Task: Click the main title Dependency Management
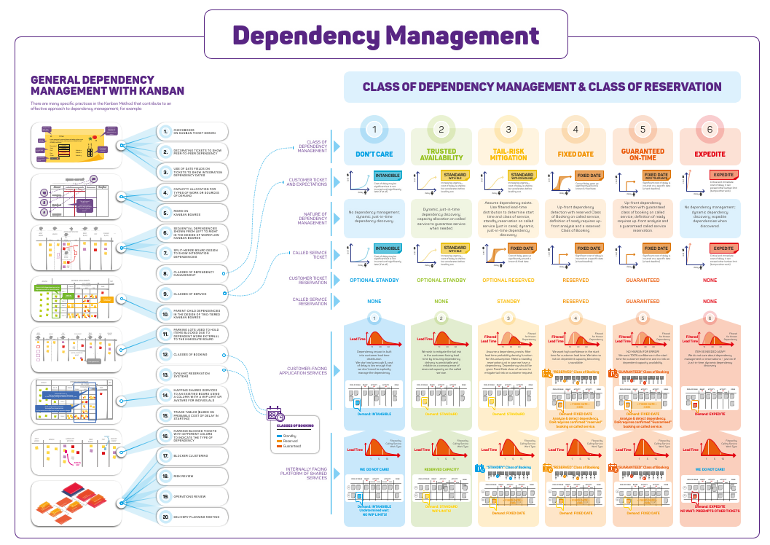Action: coord(385,35)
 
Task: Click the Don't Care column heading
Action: coord(374,154)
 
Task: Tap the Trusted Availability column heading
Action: coord(441,154)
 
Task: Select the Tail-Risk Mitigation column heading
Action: coord(508,154)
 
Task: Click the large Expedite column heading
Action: coord(710,154)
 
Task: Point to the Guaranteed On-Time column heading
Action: coord(643,154)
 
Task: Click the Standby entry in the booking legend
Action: coord(289,434)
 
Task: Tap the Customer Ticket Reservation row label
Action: coord(309,280)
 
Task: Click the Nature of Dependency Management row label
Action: coord(313,218)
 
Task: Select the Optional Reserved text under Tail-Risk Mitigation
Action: coord(508,280)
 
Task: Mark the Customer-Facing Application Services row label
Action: coord(308,371)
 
